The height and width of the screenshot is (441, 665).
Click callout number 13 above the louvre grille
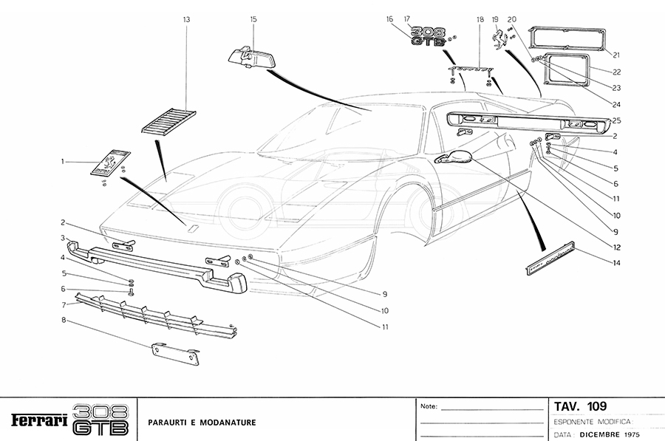point(187,19)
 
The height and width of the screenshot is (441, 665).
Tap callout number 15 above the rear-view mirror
point(253,19)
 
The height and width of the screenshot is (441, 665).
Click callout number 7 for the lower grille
point(65,304)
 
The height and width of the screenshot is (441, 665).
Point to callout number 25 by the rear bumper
point(615,120)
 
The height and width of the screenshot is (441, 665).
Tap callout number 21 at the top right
point(615,54)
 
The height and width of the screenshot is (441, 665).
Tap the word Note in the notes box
point(429,406)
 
